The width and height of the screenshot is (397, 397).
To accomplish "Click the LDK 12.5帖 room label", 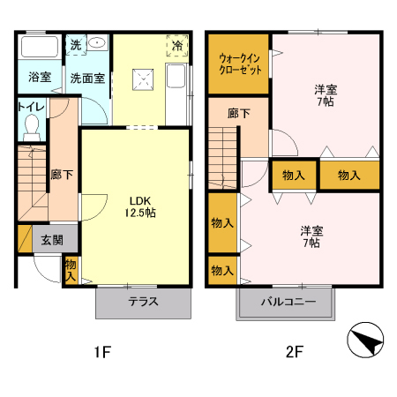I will [138, 206].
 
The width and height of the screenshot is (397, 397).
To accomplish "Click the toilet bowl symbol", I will [32, 131].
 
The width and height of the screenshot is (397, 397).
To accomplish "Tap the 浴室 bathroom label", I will [38, 77].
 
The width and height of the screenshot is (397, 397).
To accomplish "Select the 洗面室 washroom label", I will [88, 77].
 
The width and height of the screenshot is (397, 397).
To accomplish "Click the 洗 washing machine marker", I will [76, 43].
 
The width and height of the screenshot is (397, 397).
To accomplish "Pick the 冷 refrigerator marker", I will [177, 44].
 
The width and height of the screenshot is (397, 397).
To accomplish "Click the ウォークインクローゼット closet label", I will [238, 64].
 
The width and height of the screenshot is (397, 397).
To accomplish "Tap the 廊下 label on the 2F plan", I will [238, 114].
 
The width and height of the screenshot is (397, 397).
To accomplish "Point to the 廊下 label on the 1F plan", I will [62, 174].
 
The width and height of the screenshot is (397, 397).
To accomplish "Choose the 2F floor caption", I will [294, 353].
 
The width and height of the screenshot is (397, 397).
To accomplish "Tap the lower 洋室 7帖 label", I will [312, 236].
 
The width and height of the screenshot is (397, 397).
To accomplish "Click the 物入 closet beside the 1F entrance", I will [71, 268].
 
